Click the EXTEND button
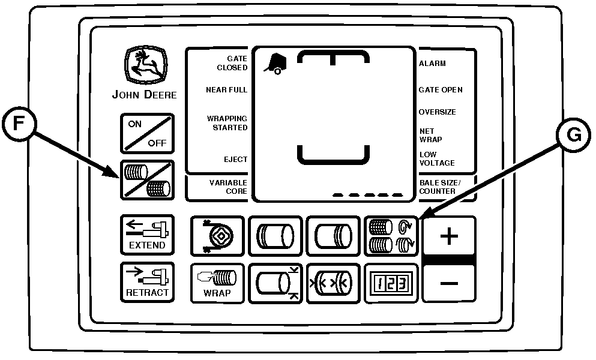pos(147,235)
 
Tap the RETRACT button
pos(147,282)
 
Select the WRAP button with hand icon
pos(217,283)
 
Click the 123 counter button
pos(391,283)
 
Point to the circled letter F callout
pos(19,124)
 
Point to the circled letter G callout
pos(574,135)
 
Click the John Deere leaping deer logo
pos(146,65)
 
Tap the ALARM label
pos(432,64)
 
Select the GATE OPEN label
pos(441,90)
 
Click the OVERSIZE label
pos(437,112)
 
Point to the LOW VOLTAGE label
pos(437,158)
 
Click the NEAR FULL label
pos(226,90)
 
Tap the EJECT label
pos(236,159)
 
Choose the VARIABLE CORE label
pos(228,187)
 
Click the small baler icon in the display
pos(275,64)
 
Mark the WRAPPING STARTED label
pos(227,123)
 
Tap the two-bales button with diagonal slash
pos(147,180)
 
